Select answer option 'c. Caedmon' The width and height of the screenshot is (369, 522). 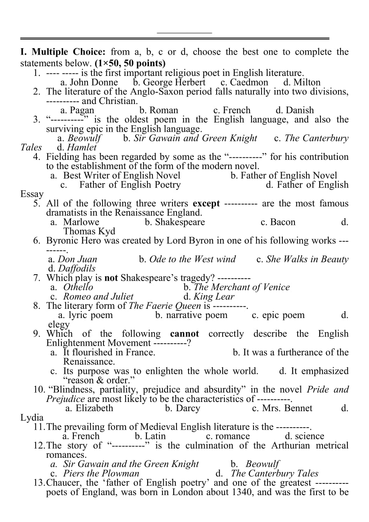tap(244, 83)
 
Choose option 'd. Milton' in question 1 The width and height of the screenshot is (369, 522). tap(302, 83)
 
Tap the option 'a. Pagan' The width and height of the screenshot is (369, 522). tap(77, 110)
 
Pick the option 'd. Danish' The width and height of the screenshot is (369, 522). tap(294, 110)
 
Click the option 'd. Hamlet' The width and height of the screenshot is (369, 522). tap(77, 147)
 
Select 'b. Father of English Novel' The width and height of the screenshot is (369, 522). tap(284, 175)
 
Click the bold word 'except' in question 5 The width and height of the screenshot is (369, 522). tap(206, 204)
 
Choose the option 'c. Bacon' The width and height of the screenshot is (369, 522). tap(278, 222)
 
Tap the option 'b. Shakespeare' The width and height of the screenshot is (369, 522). tap(174, 222)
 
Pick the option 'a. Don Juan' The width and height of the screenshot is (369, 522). tap(72, 259)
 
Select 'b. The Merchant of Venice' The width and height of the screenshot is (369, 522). tap(236, 287)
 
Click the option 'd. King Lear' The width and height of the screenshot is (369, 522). tap(209, 297)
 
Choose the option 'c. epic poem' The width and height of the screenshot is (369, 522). tap(278, 315)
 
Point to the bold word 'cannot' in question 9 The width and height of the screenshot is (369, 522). tap(184, 334)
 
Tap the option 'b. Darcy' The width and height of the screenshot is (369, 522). tap(182, 408)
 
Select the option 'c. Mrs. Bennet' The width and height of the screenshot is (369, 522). tap(282, 408)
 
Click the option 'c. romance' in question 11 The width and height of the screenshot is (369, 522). tap(227, 436)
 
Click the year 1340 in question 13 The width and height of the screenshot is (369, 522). tap(242, 492)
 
